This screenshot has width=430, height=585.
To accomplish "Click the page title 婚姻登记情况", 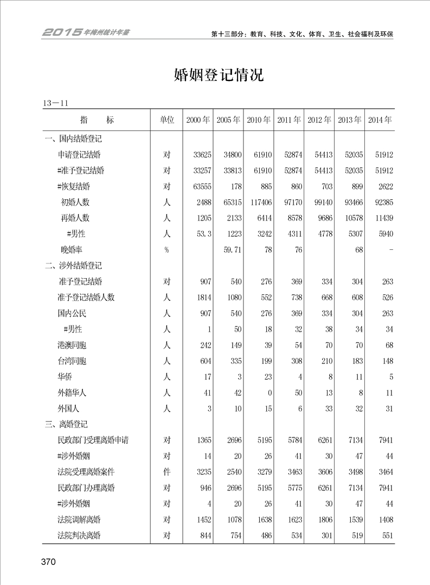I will [x=219, y=75].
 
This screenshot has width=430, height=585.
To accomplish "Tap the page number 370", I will [x=48, y=562].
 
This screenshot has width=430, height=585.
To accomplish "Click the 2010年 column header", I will [x=259, y=120].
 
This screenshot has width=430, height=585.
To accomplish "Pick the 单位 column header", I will [x=166, y=120].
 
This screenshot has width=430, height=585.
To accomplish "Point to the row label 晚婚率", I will [x=72, y=250].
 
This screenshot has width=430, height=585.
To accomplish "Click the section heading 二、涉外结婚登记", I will [x=73, y=266].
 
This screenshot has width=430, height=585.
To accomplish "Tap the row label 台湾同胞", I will [x=72, y=361].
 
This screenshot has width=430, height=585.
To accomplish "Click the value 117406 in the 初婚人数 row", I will [x=259, y=202].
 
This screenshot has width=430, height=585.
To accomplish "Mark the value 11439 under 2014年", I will [x=380, y=218].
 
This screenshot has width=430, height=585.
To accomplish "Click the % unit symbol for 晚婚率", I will [x=166, y=250].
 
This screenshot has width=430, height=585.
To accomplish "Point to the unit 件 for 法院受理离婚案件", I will [x=166, y=472].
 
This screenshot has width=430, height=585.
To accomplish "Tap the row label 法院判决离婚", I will [x=79, y=536].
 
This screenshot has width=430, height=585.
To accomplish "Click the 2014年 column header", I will [x=380, y=120].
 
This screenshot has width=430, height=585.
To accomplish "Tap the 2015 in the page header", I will [x=62, y=33].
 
